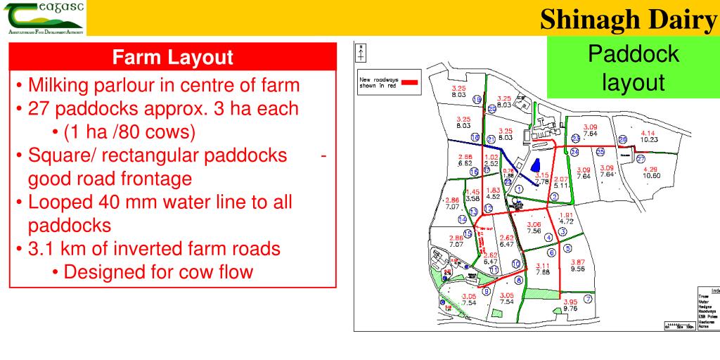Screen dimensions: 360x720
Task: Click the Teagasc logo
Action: point(43,18)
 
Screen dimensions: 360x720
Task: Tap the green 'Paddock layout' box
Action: point(633,68)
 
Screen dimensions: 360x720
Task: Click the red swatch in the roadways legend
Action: point(409,82)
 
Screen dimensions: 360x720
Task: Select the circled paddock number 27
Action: point(640,160)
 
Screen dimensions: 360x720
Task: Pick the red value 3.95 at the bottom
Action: point(570,302)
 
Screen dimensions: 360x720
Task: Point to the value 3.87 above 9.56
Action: point(578,262)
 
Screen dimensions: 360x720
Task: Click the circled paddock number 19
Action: point(477,100)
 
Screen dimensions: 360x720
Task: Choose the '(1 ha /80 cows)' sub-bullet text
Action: point(128,131)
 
